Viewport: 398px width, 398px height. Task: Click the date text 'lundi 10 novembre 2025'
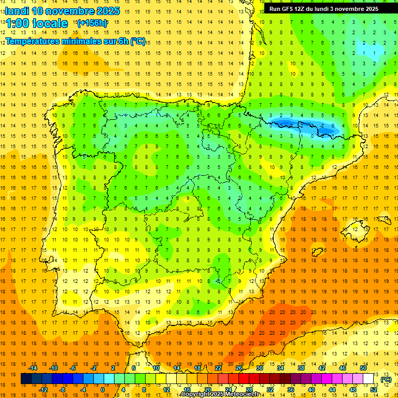pos(62,11)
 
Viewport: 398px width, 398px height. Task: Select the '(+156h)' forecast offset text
pos(92,23)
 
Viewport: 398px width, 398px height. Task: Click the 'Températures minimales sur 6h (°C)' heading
pos(75,41)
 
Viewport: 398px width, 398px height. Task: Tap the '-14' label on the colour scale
pos(33,367)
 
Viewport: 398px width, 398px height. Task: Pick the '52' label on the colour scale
pos(374,390)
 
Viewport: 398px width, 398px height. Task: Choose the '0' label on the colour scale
pos(102,390)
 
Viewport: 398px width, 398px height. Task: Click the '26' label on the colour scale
pos(239,367)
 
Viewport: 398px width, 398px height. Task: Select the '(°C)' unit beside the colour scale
pos(386,379)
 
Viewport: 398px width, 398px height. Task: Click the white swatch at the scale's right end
pos(368,379)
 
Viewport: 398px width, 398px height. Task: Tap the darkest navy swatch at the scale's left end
pos(26,379)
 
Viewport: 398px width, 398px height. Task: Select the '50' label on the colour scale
pos(363,367)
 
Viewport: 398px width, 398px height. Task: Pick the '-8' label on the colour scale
pos(62,390)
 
